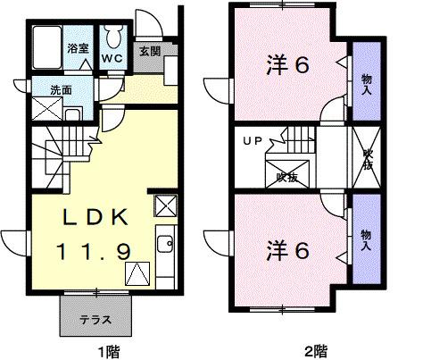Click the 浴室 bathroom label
pyautogui.click(x=79, y=46)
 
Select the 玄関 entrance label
pyautogui.click(x=148, y=52)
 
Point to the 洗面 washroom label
pyautogui.click(x=37, y=89)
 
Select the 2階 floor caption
pyautogui.click(x=313, y=350)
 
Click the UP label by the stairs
pyautogui.click(x=253, y=141)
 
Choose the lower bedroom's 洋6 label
pyautogui.click(x=288, y=251)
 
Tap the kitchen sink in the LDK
pyautogui.click(x=164, y=243)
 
